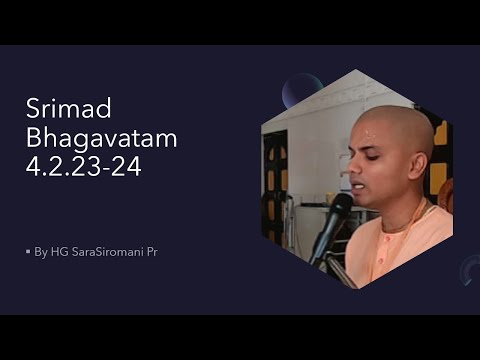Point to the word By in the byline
(40, 252)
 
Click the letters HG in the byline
(57, 252)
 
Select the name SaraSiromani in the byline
(104, 252)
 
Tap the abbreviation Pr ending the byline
(151, 252)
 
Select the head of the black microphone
(337, 208)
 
